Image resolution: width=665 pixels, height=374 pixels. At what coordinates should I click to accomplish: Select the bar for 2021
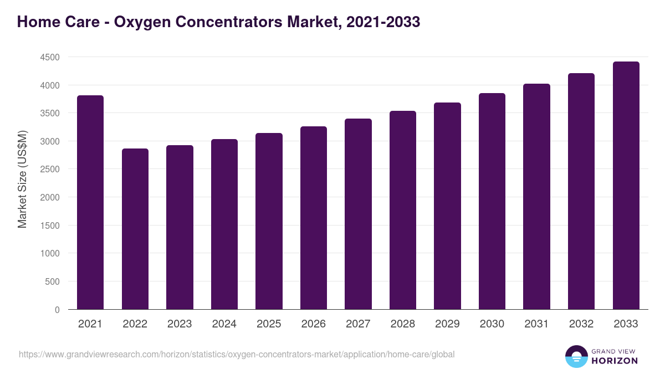pos(90,202)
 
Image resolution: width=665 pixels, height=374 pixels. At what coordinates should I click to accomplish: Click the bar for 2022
pos(135,229)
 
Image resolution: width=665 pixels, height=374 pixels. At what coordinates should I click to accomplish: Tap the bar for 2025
pos(269,221)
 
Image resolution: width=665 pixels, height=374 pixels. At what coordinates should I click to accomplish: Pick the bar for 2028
pos(403,210)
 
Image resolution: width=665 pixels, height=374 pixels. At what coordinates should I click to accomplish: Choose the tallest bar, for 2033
pos(626,186)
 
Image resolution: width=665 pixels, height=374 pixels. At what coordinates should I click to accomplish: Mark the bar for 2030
pos(492,201)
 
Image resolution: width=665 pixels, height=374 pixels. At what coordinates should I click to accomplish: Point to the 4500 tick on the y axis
pos(49,57)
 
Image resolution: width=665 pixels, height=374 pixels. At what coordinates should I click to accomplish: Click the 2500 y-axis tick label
pos(49,170)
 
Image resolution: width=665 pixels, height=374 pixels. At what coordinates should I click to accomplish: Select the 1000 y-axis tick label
pos(49,254)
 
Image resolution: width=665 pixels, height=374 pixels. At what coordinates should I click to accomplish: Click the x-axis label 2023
pos(180,324)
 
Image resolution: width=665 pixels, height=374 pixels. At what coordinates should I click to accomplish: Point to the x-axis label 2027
pos(358,324)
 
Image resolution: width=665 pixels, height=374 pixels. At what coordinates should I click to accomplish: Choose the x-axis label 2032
pos(581,324)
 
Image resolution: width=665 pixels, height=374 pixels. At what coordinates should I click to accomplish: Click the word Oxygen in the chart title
pos(146,22)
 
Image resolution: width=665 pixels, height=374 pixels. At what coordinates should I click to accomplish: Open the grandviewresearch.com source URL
pos(237,354)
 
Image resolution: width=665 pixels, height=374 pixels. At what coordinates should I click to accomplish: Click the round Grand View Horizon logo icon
pos(576,356)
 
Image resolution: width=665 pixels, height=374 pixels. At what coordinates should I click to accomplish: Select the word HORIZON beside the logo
pos(614,361)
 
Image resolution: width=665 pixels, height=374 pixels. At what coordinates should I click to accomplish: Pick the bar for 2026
pos(314,218)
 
